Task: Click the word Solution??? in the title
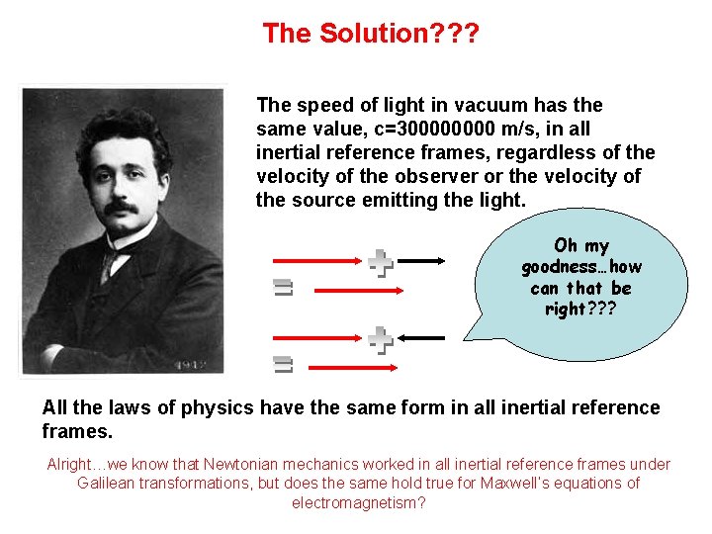click(x=398, y=34)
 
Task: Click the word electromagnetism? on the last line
click(x=359, y=503)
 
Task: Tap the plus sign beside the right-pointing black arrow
click(x=381, y=263)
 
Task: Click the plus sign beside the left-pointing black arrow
click(x=381, y=340)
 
